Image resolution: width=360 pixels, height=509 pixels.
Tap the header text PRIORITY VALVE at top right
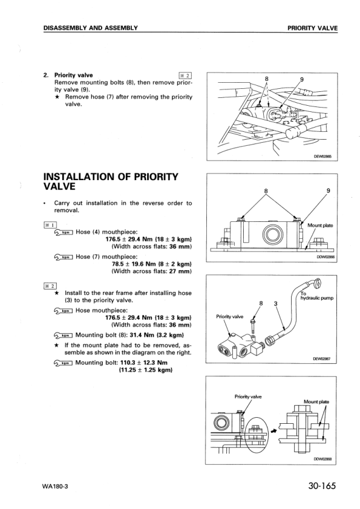[x=312, y=28]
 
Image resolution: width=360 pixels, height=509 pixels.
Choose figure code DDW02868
[x=323, y=459]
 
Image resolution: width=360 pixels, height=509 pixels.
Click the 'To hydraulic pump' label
[x=316, y=296]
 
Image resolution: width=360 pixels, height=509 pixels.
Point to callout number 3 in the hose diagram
[x=275, y=303]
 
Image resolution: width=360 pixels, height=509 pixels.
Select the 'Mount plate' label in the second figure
[x=319, y=225]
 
